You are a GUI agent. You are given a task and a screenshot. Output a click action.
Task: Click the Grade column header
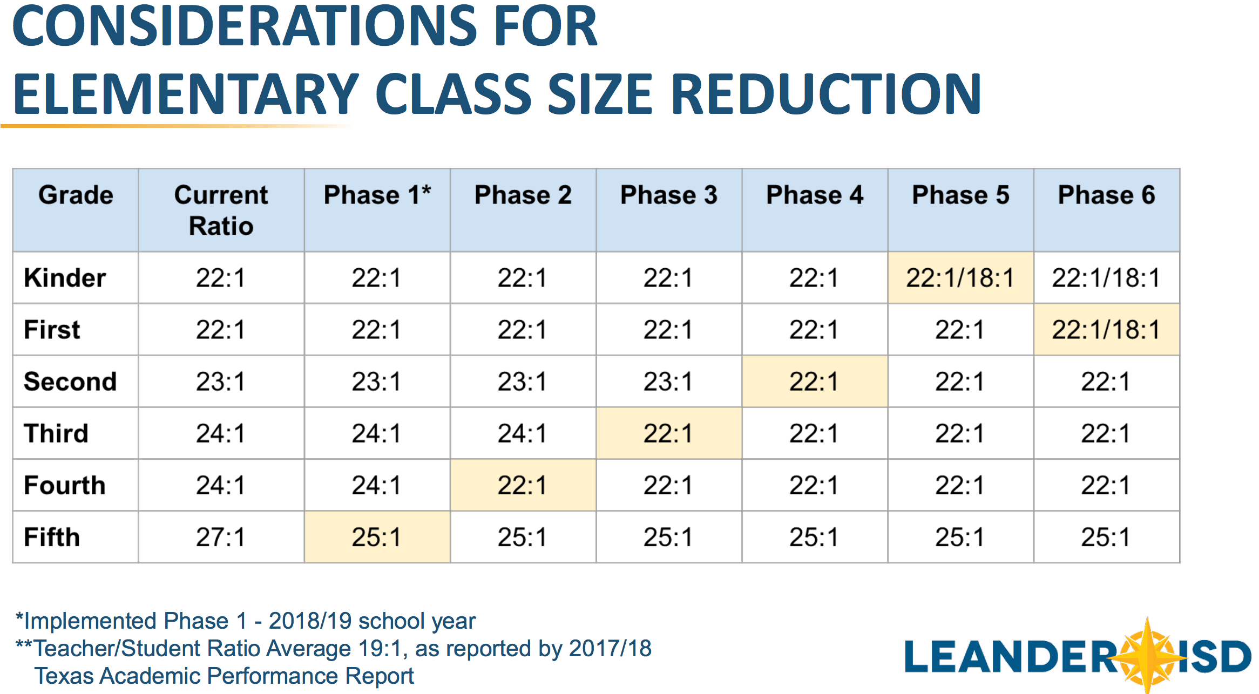point(76,195)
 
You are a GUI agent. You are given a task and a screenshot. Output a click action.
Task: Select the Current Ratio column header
point(221,210)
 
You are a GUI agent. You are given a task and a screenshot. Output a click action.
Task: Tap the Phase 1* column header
point(377,195)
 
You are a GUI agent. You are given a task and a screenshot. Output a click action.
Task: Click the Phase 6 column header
point(1106,195)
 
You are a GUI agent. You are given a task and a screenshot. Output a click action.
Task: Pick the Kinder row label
point(65,278)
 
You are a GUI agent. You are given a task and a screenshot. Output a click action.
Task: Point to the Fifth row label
point(52,537)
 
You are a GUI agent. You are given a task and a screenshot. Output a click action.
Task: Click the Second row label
point(70,382)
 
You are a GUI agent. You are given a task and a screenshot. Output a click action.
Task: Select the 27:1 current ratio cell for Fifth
point(220,537)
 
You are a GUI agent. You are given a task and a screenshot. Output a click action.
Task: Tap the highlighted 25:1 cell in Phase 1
point(377,537)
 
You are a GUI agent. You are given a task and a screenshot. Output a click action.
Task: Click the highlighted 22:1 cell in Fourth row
point(523,485)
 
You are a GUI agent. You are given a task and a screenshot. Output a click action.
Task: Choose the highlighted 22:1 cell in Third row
point(668,433)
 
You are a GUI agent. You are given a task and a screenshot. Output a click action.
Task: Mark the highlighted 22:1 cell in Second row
point(814,382)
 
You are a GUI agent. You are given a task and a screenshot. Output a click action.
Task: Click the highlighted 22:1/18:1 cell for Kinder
point(960,278)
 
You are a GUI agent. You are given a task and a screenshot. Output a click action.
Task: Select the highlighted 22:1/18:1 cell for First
point(1106,330)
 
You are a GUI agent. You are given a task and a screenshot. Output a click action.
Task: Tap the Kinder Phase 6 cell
point(1106,278)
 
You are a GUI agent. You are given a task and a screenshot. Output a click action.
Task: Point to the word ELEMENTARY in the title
point(186,94)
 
